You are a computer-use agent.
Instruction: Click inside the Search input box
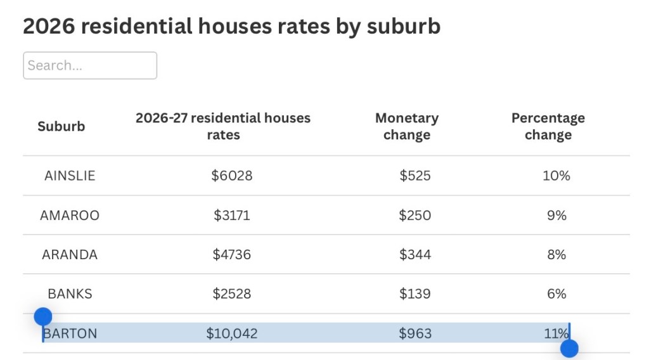(x=90, y=65)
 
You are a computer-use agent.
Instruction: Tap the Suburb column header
(x=61, y=126)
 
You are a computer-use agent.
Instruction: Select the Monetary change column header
(x=407, y=126)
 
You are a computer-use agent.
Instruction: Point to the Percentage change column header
(x=548, y=126)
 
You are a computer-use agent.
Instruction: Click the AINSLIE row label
(x=70, y=176)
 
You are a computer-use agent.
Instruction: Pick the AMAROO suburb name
(x=70, y=215)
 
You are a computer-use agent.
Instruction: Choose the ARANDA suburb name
(x=70, y=255)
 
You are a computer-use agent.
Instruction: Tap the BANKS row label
(x=70, y=294)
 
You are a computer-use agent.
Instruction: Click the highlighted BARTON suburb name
(x=70, y=333)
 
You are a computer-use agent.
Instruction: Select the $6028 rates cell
(x=232, y=176)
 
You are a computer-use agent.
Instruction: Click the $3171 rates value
(x=232, y=215)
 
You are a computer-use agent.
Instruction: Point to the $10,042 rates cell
(x=232, y=333)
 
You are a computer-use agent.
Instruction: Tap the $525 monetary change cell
(x=415, y=176)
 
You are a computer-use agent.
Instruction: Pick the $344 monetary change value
(x=415, y=255)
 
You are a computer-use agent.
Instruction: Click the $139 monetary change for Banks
(x=415, y=294)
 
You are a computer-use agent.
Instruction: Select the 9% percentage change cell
(x=556, y=215)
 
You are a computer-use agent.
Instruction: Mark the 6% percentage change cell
(x=556, y=294)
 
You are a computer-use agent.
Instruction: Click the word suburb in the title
(x=404, y=26)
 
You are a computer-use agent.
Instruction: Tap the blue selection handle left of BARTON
(x=43, y=317)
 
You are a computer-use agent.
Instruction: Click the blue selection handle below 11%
(x=570, y=349)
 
